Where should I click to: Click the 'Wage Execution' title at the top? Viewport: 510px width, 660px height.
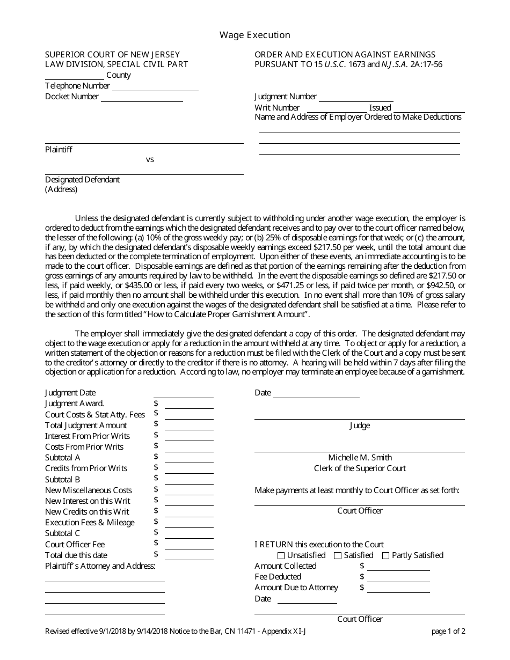254,35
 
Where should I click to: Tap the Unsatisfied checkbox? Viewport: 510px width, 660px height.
281,556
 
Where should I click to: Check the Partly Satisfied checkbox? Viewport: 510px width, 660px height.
386,556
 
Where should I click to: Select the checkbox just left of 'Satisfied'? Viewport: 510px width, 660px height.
338,556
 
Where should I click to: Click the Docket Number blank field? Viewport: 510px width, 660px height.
142,98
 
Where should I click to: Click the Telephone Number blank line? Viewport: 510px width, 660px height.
155,87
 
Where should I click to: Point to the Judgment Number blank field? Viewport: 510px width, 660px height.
356,98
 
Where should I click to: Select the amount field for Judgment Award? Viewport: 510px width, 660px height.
189,404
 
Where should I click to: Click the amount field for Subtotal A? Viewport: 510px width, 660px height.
189,458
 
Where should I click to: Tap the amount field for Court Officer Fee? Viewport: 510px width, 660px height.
189,545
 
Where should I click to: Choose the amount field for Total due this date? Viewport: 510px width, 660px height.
189,555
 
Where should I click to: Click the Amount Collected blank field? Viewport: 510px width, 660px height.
398,567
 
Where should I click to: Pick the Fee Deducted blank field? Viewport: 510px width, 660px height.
398,577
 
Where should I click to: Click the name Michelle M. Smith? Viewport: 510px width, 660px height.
360,458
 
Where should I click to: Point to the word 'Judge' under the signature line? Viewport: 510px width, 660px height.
360,426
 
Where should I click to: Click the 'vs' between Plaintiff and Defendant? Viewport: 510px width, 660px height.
150,159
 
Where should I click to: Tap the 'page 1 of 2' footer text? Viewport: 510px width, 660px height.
448,631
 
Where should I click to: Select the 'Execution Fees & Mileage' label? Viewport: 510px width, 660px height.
90,523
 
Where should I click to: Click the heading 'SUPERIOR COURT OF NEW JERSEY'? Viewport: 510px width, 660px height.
113,55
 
